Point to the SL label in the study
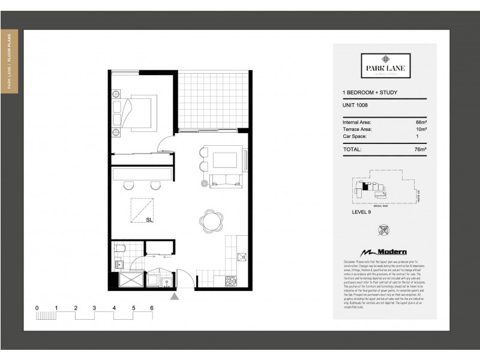(149, 220)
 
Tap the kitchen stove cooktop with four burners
(230, 280)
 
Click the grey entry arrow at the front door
(175, 296)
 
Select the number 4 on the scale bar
(113, 308)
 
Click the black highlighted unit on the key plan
(364, 187)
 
